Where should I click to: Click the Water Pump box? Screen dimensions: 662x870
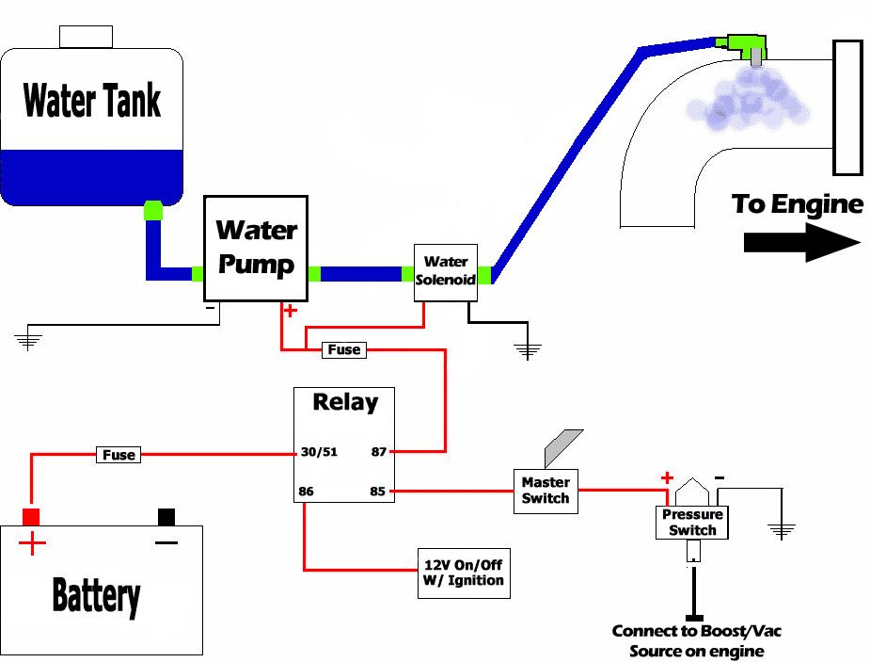tap(257, 249)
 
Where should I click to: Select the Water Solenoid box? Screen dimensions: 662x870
tap(446, 273)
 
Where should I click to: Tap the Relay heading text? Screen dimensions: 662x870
tap(345, 403)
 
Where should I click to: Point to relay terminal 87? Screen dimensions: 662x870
tap(379, 452)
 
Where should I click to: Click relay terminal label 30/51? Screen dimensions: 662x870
tap(319, 452)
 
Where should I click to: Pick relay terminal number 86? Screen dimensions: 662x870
tap(308, 492)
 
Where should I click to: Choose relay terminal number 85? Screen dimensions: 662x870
tap(379, 492)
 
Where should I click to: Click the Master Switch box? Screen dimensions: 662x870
tap(546, 490)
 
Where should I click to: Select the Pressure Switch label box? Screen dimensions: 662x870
tap(692, 523)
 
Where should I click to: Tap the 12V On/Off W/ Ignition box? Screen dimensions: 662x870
tap(464, 572)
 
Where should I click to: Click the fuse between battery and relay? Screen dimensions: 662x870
tap(119, 455)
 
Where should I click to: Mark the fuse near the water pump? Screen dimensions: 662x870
tap(343, 349)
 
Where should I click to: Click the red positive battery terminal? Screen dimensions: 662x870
tap(31, 516)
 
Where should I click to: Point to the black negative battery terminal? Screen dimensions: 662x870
tap(166, 516)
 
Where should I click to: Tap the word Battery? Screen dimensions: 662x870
tap(96, 595)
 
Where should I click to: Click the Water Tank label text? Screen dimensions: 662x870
tap(91, 99)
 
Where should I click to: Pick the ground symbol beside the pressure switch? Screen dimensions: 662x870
tap(782, 530)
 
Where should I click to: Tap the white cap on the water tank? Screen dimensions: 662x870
tap(86, 37)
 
